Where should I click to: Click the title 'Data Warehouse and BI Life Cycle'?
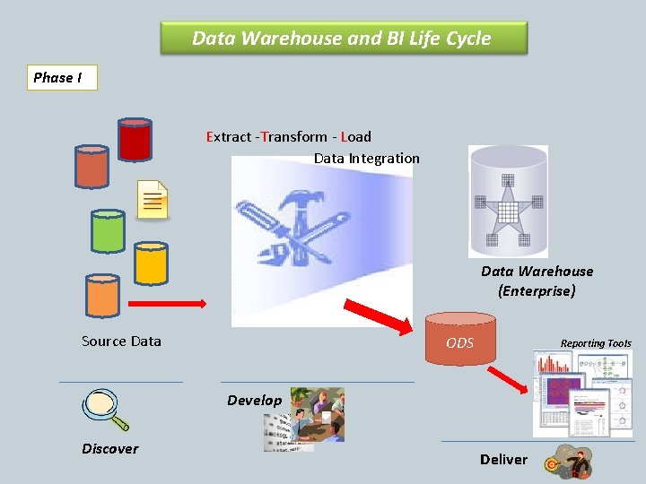(342, 39)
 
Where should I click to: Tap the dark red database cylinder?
(135, 138)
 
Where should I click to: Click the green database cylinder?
(108, 230)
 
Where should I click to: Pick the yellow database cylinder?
(151, 262)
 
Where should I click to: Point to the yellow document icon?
(153, 199)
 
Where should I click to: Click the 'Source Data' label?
(121, 341)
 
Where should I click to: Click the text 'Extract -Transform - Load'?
(288, 137)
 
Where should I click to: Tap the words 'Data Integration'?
(366, 159)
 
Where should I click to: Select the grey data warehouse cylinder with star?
(508, 203)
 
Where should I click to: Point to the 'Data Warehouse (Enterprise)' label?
(537, 281)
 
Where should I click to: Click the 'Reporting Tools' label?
(596, 343)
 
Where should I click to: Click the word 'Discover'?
(110, 448)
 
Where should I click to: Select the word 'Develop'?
(254, 400)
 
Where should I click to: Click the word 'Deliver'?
(503, 459)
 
